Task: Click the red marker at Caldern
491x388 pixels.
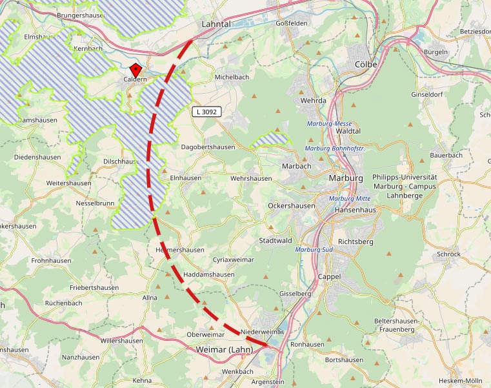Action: point(135,70)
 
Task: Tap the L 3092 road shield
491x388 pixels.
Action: point(206,112)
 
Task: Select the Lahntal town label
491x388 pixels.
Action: point(216,23)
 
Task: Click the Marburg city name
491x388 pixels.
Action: point(346,178)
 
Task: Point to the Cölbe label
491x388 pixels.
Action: point(366,64)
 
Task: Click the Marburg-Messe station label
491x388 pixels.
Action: point(329,123)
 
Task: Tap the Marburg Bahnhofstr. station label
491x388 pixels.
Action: point(334,148)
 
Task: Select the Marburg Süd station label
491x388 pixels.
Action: point(314,249)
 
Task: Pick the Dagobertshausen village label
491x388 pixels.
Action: point(208,147)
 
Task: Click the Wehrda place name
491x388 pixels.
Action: point(314,101)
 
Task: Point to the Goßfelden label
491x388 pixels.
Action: point(292,23)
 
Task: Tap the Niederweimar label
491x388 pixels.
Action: point(262,332)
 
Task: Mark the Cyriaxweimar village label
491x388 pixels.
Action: point(234,260)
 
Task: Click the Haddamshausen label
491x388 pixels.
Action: point(209,274)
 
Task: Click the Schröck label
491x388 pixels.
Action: point(448,254)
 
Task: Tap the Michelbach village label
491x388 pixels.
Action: point(232,77)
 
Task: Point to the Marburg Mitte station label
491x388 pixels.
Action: point(350,198)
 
